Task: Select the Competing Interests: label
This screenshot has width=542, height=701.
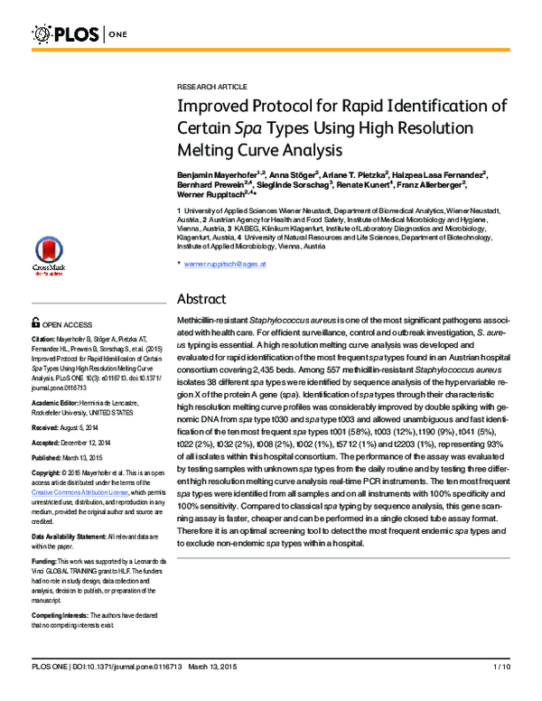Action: coord(61,614)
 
